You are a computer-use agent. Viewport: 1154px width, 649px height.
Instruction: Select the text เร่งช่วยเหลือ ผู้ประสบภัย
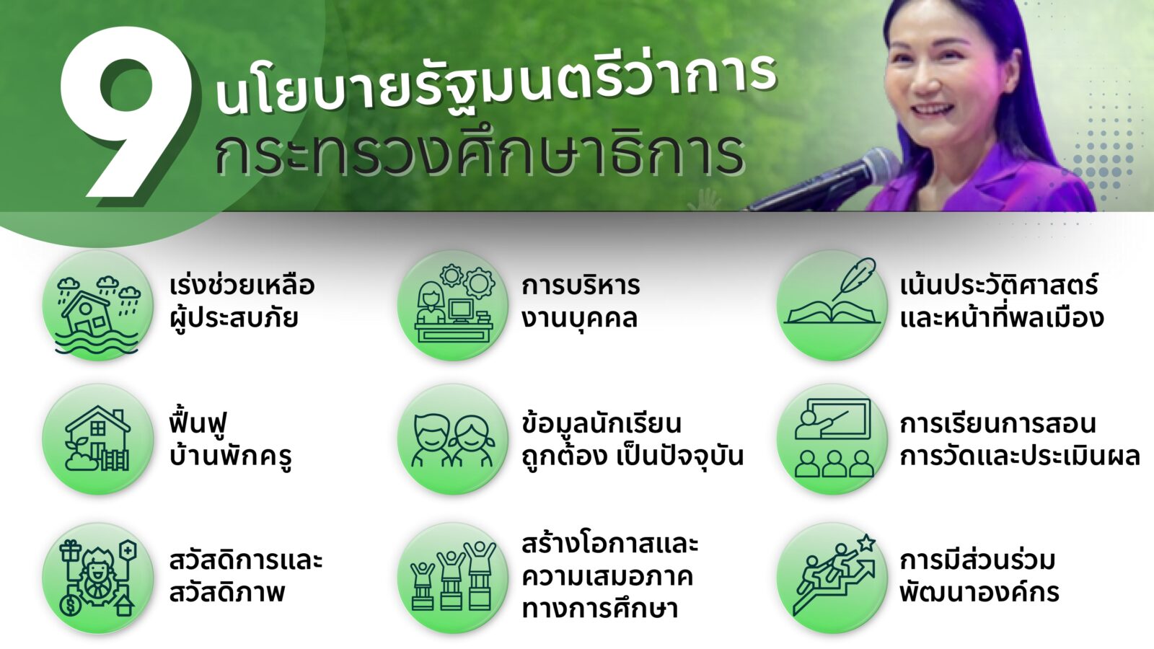(x=242, y=301)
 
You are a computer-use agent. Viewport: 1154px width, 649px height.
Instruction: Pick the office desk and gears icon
(x=454, y=306)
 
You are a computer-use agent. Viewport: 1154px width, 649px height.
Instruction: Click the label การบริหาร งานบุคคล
(x=581, y=302)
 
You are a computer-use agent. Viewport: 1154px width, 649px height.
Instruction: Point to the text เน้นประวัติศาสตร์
(x=999, y=285)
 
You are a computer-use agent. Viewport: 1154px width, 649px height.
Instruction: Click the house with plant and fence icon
(x=98, y=439)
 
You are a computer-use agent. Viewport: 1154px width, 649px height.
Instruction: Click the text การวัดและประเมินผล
(x=1020, y=455)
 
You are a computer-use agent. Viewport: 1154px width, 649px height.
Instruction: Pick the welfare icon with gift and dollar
(x=98, y=578)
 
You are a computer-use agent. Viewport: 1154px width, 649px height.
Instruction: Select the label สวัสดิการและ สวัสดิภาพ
(x=246, y=576)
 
